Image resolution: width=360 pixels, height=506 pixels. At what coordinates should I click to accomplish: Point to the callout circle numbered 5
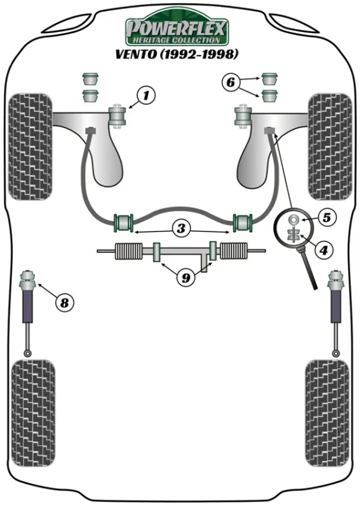[326, 217]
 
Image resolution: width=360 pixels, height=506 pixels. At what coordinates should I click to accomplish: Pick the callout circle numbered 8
[64, 303]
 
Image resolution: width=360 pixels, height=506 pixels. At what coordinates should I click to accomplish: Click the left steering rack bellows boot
[126, 252]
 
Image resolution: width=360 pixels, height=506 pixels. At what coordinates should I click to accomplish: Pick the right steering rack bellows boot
[232, 252]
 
